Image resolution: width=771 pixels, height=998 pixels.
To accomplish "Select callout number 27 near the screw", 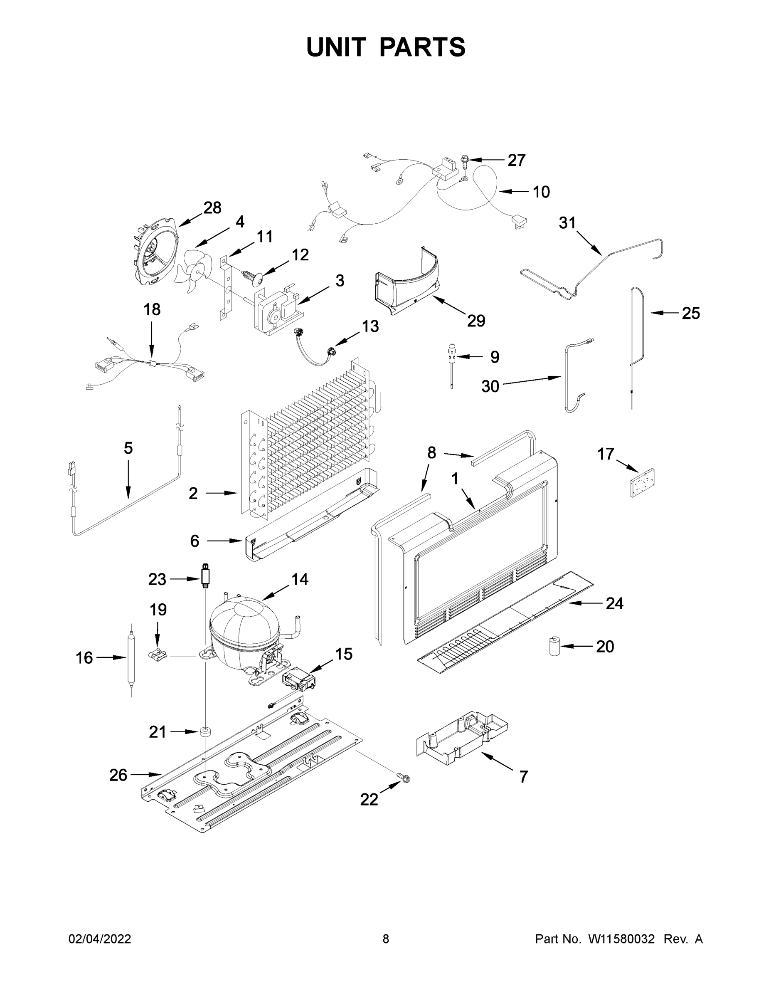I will (517, 161).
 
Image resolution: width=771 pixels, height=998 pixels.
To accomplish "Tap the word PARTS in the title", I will (422, 47).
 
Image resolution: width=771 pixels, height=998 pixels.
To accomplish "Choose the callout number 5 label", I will (128, 448).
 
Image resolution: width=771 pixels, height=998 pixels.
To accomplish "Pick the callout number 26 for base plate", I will (118, 775).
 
